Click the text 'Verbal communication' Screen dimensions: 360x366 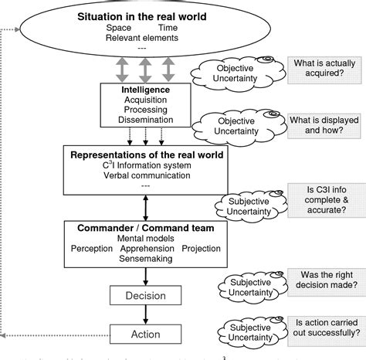(140, 175)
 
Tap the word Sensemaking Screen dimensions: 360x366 (145, 260)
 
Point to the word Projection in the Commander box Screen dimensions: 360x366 (201, 250)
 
